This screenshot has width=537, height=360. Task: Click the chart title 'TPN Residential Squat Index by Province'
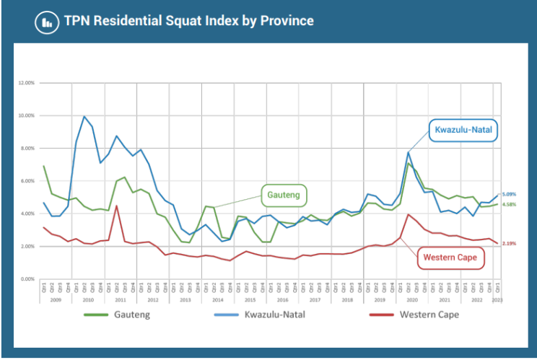tap(188, 21)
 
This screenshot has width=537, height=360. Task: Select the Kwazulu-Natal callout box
tap(462, 131)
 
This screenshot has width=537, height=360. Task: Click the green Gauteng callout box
tap(284, 195)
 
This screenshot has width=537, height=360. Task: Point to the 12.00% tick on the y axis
tap(26, 83)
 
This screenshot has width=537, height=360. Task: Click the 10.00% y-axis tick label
tap(26, 115)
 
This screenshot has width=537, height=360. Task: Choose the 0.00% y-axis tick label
tap(27, 279)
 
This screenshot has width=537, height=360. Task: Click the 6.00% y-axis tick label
tap(27, 181)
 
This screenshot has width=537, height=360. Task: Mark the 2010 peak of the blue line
tap(84, 116)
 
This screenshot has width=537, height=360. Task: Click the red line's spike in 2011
tap(116, 206)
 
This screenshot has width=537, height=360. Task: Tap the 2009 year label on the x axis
tap(56, 299)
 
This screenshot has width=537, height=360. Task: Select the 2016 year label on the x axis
tap(283, 299)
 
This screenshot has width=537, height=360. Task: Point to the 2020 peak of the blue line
tap(409, 152)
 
